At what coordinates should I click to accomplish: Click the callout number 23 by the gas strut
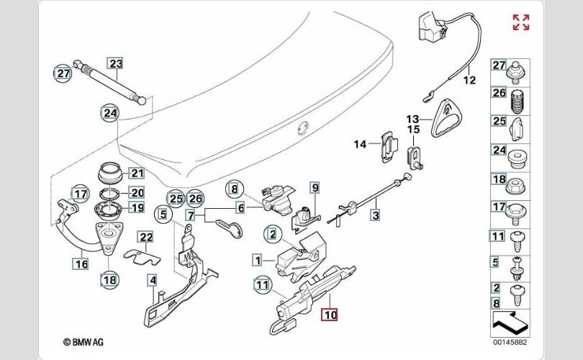pos(116,63)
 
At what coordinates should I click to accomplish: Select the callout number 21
pos(137,173)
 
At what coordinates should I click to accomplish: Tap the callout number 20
pos(137,192)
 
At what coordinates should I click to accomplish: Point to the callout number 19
pos(137,209)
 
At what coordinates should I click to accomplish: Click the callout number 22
pos(145,237)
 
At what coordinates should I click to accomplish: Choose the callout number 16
pos(81,264)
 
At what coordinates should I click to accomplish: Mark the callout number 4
pos(152,279)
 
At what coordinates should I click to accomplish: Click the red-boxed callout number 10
pos(330,314)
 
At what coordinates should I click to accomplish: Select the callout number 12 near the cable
pos(469,81)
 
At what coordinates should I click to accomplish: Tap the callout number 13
pos(412,119)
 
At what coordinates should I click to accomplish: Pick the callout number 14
pos(360,144)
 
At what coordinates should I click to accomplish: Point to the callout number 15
pos(414,130)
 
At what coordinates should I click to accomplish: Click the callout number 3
pos(376,214)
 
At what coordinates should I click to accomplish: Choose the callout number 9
pos(314,189)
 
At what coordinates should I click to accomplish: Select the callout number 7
pos(190,215)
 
